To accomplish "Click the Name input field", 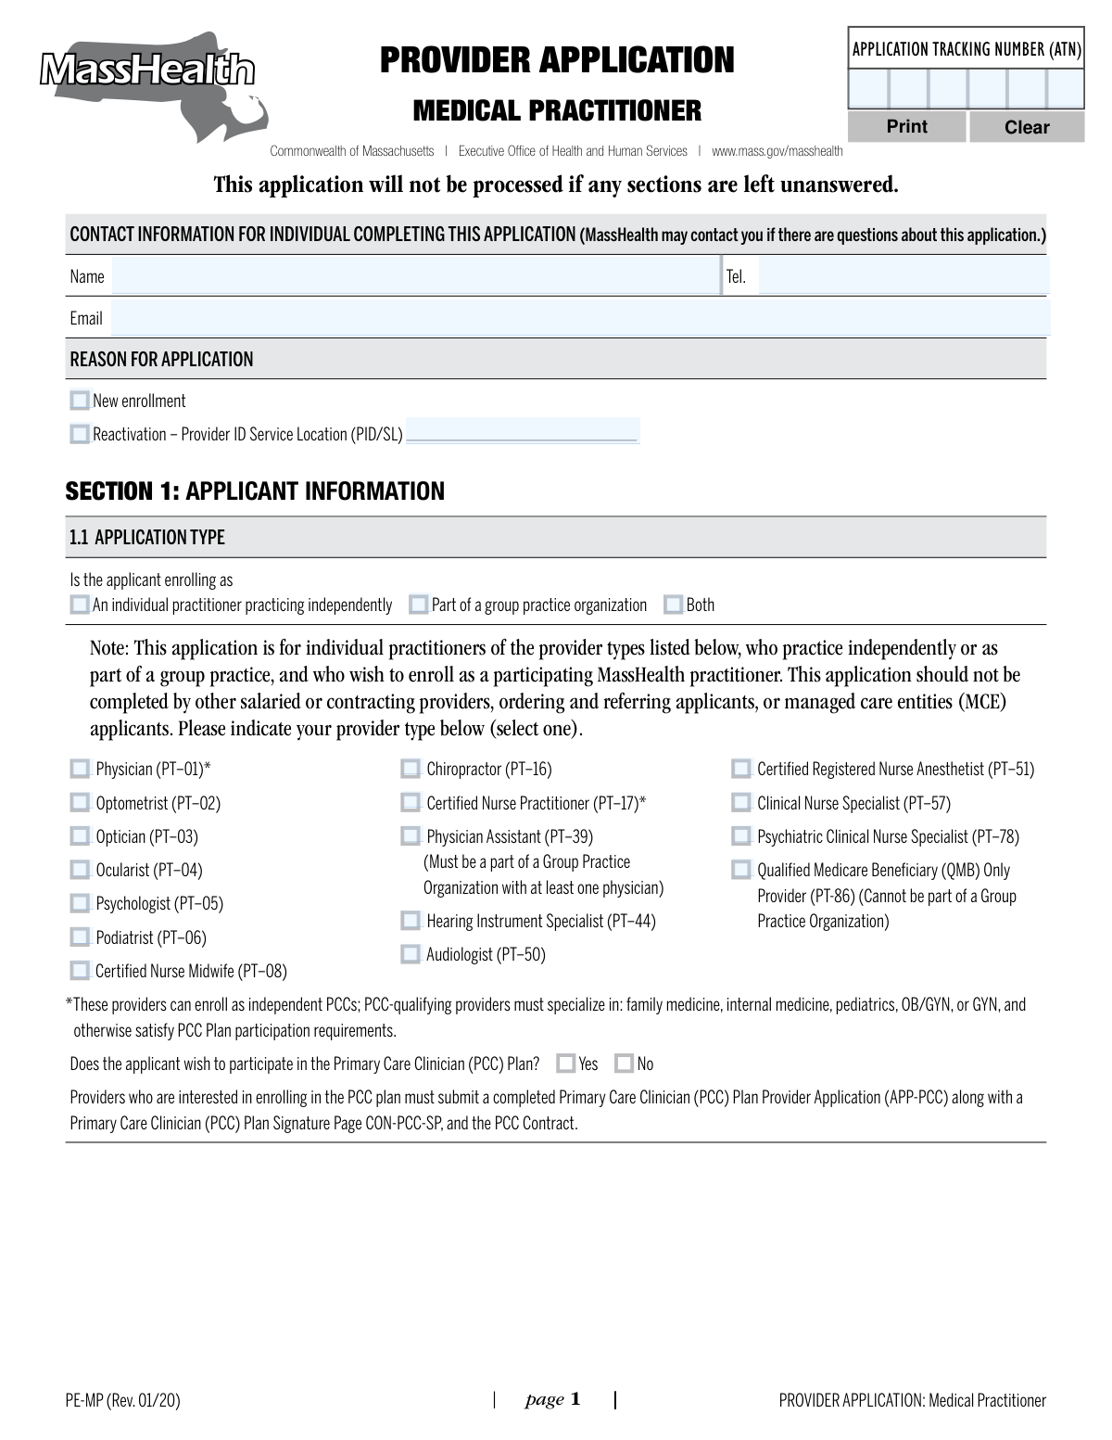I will (412, 276).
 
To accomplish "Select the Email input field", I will (579, 317).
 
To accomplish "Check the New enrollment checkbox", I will (80, 401).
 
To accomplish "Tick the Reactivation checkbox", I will (80, 434).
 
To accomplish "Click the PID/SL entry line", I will (522, 432).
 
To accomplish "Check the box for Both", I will (674, 605).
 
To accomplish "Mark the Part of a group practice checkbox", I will (419, 605).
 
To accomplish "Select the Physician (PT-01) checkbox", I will (81, 769).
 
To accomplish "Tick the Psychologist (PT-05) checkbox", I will (81, 903).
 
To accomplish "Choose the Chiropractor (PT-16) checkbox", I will (411, 769).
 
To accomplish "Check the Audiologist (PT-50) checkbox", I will (411, 954).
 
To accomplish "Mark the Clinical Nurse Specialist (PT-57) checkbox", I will (741, 803).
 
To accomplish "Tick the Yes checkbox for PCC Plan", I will (566, 1064).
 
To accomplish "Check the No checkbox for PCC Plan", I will (625, 1064).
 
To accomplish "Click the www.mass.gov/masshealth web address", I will (777, 151).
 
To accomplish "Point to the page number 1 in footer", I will (575, 1399).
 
